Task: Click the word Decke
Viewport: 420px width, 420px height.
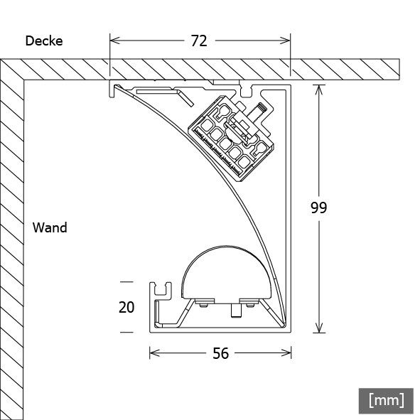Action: click(44, 41)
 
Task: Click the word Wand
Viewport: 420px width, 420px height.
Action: click(50, 228)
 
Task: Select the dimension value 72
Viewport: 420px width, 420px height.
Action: click(199, 41)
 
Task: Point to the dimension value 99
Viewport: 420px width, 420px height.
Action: click(319, 208)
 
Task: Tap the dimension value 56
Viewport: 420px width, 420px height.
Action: click(221, 353)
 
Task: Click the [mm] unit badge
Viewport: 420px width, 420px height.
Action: click(386, 399)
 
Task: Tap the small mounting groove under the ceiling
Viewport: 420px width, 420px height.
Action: click(247, 91)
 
